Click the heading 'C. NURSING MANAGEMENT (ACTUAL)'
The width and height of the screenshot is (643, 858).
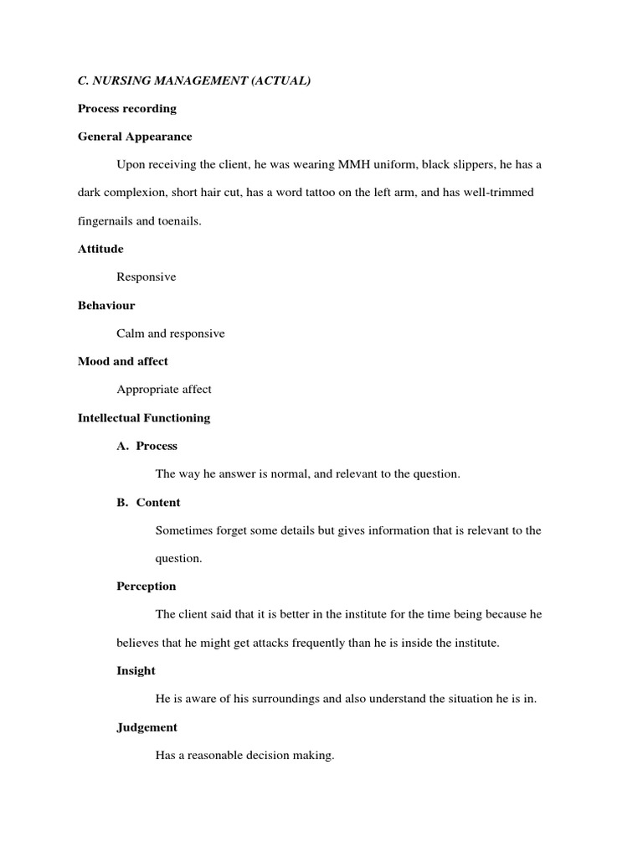point(194,80)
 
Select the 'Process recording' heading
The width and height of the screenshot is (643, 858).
point(126,109)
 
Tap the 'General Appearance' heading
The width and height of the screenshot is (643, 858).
point(135,137)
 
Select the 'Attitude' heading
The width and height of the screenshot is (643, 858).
point(100,249)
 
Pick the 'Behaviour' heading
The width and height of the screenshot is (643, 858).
point(106,306)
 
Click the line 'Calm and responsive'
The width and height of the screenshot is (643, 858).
point(171,333)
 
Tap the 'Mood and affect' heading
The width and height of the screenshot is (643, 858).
point(123,361)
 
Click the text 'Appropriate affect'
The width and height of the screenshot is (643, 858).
point(164,390)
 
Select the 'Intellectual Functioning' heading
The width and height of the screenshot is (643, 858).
point(144,417)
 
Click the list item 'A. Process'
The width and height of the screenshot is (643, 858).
point(147,446)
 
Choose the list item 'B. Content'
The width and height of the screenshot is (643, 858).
point(149,503)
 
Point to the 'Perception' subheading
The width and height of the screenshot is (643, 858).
point(147,587)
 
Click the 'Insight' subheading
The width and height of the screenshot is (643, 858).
point(136,671)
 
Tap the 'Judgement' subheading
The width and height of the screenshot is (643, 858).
point(147,727)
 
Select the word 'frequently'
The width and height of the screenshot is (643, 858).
point(306,643)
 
